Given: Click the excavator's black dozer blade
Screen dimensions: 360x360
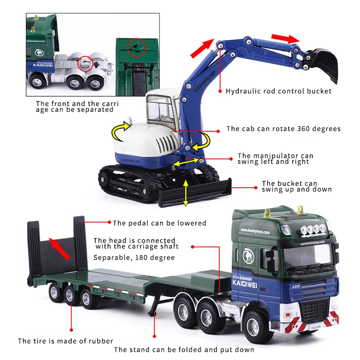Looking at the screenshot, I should pos(193,193).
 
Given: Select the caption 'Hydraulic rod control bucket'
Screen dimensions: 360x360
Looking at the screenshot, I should pos(279,91).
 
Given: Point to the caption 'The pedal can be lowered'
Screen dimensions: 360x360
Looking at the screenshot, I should pos(159,223).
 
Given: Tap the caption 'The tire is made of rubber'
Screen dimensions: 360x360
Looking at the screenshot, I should pos(65,341).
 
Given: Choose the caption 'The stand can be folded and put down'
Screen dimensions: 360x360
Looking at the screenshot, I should pos(184,350).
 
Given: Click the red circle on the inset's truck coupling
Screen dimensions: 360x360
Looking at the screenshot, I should pos(84,64).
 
